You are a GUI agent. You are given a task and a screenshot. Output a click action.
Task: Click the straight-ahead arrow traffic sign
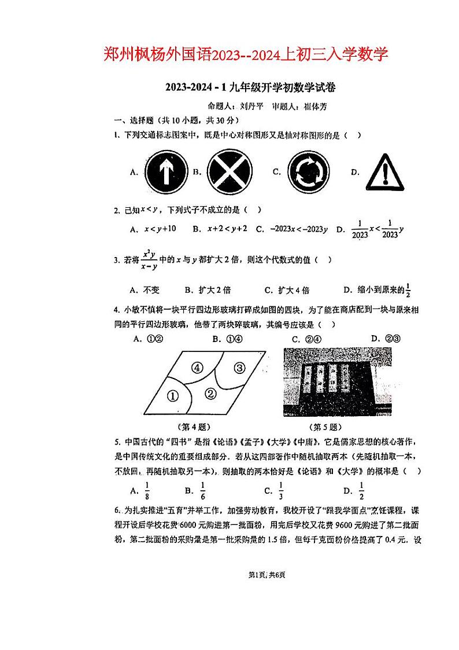[166, 171]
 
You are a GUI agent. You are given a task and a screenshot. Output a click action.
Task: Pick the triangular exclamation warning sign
[385, 171]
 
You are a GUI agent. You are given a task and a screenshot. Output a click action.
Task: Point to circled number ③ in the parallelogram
[239, 367]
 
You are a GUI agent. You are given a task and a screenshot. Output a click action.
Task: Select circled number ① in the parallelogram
[172, 396]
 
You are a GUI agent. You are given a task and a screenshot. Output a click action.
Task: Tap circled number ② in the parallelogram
[210, 394]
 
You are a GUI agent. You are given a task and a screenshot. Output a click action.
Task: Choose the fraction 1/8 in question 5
[147, 491]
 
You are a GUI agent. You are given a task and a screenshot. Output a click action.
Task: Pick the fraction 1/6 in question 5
[202, 491]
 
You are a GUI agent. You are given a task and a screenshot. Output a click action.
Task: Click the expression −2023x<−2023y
[295, 229]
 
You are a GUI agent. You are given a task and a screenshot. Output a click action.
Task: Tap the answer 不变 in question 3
[151, 290]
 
